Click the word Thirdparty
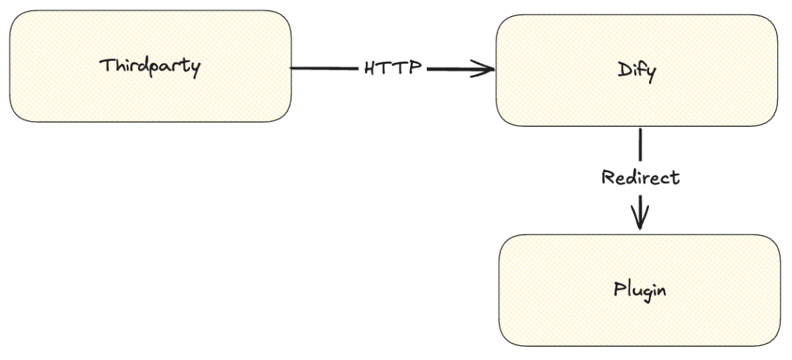150,67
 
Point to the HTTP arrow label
392,68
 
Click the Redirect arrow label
640,177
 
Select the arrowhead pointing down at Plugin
640,218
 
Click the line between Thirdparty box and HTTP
324,68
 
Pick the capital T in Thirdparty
107,66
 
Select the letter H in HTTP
371,68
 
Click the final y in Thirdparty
194,70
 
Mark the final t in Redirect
675,177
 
